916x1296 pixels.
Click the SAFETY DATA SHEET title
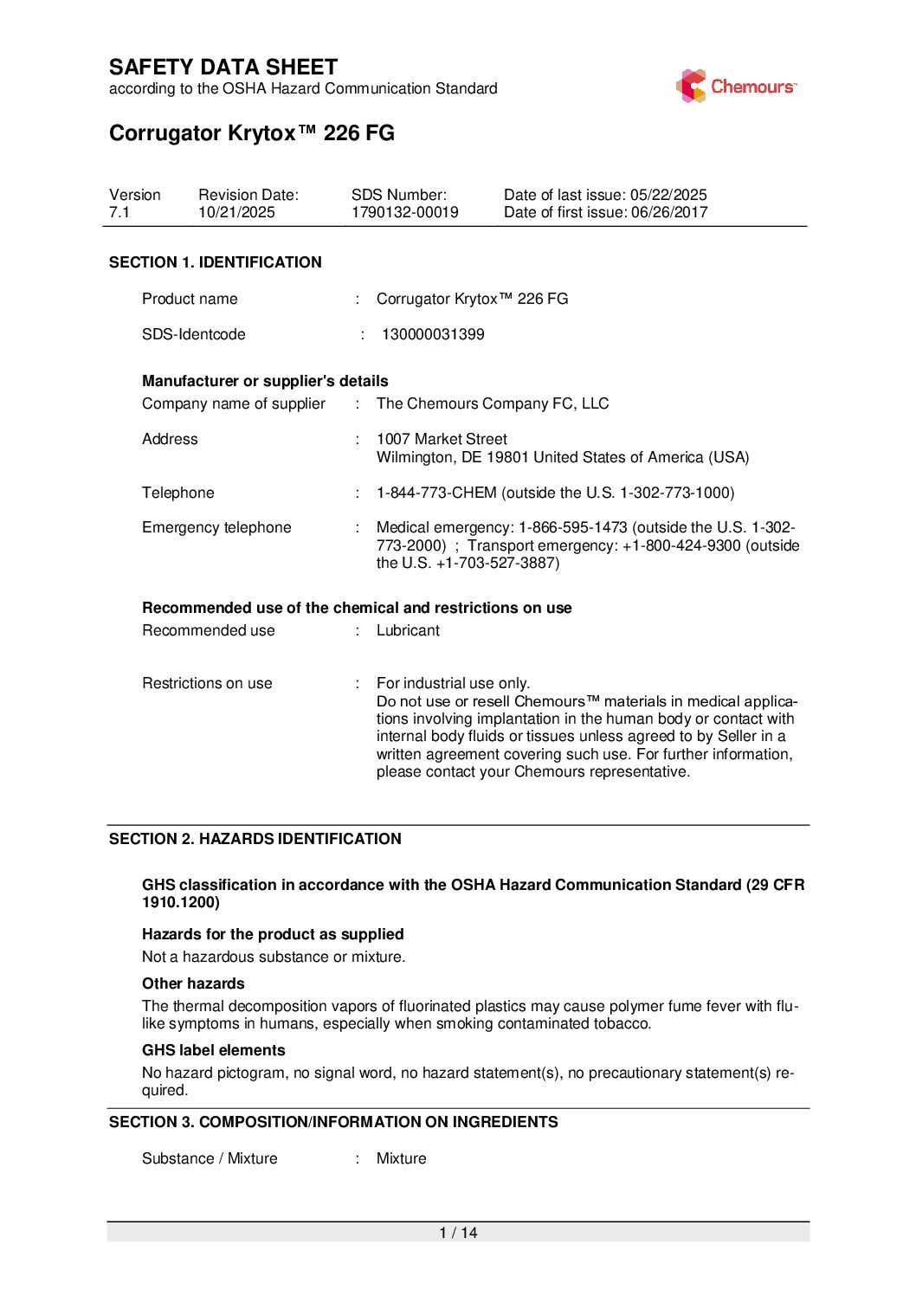tap(223, 68)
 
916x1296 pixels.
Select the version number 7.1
tap(119, 213)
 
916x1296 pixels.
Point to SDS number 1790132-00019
tap(404, 213)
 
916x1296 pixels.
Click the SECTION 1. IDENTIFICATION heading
tap(215, 262)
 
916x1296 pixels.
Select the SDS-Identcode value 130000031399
tap(433, 334)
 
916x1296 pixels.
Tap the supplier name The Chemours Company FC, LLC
tap(493, 403)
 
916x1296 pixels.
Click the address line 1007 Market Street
tap(442, 439)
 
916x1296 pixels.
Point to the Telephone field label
tap(178, 493)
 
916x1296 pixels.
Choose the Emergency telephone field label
tap(216, 527)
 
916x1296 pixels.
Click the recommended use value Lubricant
tap(408, 630)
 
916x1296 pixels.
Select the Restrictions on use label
tap(207, 683)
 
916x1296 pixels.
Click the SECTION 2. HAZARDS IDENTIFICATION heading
tap(255, 839)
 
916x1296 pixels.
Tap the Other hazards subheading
tap(193, 983)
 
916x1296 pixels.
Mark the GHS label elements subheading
tap(213, 1050)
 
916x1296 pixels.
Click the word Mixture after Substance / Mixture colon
tap(401, 1158)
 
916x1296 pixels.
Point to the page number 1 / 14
tap(458, 1233)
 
